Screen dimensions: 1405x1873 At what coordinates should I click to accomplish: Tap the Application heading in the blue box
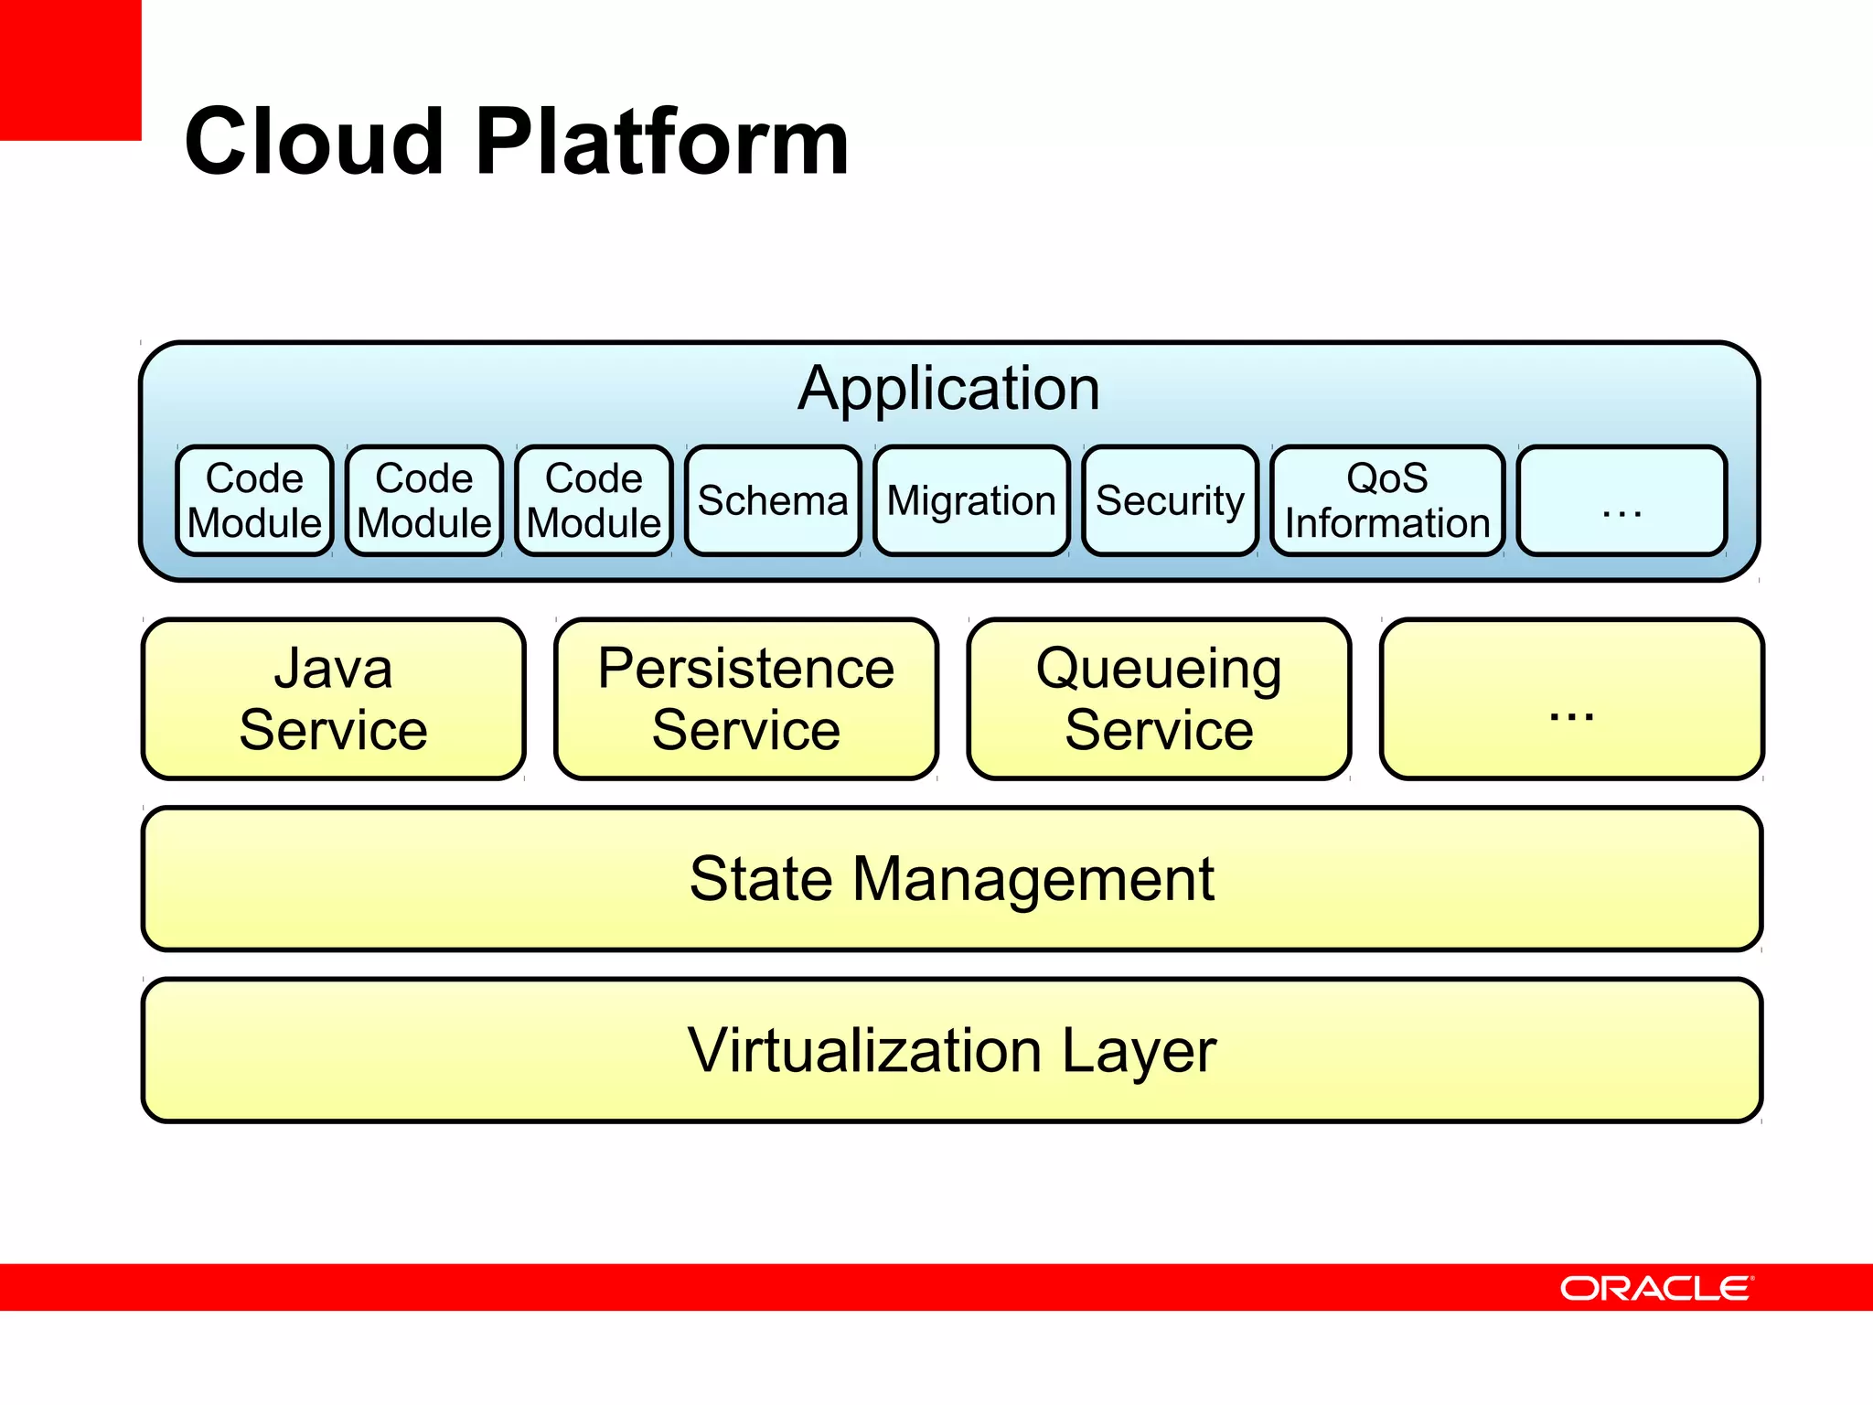[x=948, y=389]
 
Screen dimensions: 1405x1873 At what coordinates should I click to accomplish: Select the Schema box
[x=773, y=500]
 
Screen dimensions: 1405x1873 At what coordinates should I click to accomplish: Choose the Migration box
[x=971, y=500]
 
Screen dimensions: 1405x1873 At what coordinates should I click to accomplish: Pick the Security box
[x=1170, y=500]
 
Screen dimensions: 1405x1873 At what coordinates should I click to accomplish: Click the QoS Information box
[x=1386, y=500]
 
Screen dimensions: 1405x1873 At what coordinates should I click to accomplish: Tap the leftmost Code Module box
[x=254, y=500]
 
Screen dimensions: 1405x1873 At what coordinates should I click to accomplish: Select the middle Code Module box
[x=424, y=500]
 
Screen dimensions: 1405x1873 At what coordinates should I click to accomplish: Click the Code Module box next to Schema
[x=594, y=500]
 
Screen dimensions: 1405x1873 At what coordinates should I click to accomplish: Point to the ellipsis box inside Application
[x=1621, y=500]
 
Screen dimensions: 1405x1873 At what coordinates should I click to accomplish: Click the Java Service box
[x=334, y=699]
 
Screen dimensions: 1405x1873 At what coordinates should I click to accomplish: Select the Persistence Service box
[x=746, y=699]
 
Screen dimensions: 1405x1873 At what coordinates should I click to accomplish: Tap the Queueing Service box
[x=1159, y=699]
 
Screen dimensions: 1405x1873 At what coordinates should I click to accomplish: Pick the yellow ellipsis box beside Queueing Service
[x=1571, y=699]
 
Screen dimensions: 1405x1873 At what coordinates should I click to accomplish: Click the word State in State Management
[x=761, y=879]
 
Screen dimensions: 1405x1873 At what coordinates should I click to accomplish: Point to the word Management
[x=1033, y=879]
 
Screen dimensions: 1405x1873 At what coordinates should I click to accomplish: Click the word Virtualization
[x=864, y=1050]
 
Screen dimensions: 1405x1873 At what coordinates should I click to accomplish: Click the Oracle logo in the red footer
[x=1656, y=1288]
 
